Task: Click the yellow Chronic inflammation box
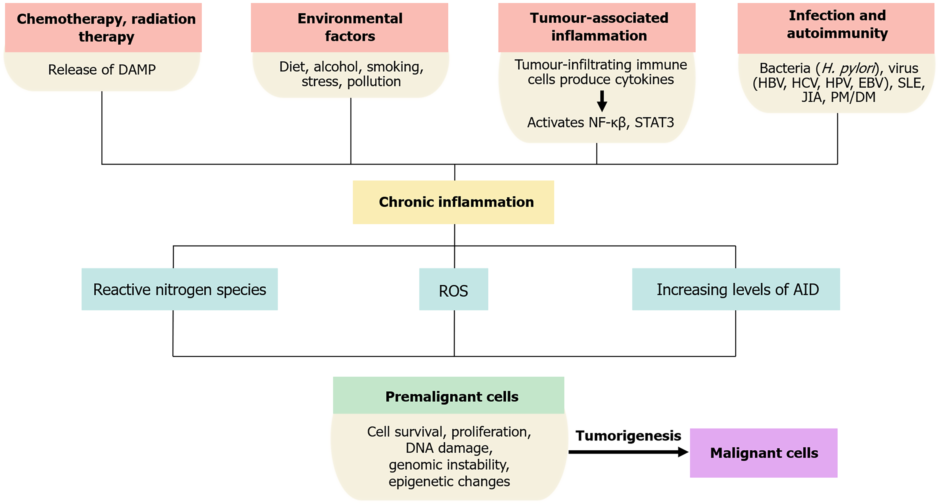click(453, 202)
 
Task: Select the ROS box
click(453, 289)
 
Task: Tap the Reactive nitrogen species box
click(180, 289)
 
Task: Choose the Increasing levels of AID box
click(736, 289)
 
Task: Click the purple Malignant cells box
click(764, 453)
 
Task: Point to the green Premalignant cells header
click(449, 395)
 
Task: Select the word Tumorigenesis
click(628, 436)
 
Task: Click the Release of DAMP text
click(102, 70)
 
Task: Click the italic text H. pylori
click(848, 68)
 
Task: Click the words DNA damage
click(449, 448)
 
